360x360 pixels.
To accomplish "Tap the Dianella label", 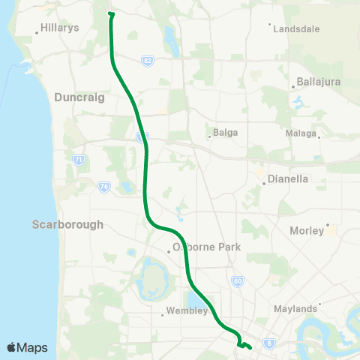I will [288, 180].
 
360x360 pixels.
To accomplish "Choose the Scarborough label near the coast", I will [67, 224].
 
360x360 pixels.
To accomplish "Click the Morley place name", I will [307, 231].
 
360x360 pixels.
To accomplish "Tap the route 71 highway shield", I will [78, 159].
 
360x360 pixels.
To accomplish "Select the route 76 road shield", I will [103, 186].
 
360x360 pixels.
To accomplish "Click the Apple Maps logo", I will [26, 347].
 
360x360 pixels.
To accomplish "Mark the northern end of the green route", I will [111, 13].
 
